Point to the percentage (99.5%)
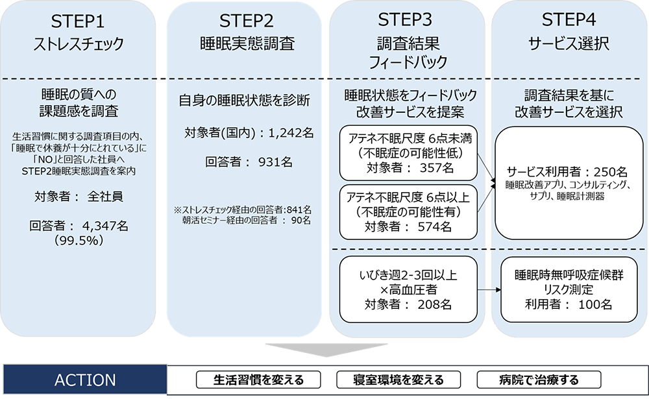click(78, 239)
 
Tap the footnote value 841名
click(298, 210)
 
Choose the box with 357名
click(408, 152)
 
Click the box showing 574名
click(408, 212)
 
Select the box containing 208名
click(408, 289)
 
